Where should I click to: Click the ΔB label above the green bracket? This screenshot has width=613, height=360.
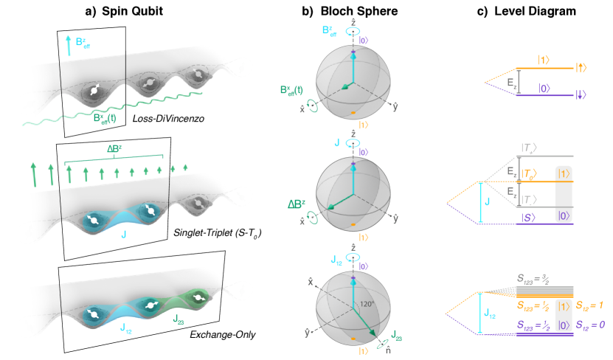(x=114, y=148)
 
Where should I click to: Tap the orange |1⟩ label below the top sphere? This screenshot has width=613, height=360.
(x=364, y=124)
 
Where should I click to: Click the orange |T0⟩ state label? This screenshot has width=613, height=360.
(x=529, y=174)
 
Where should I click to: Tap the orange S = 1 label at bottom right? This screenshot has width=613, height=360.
(x=589, y=305)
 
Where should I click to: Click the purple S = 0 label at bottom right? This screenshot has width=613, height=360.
(x=589, y=325)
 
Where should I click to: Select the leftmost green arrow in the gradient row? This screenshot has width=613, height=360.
(x=34, y=176)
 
